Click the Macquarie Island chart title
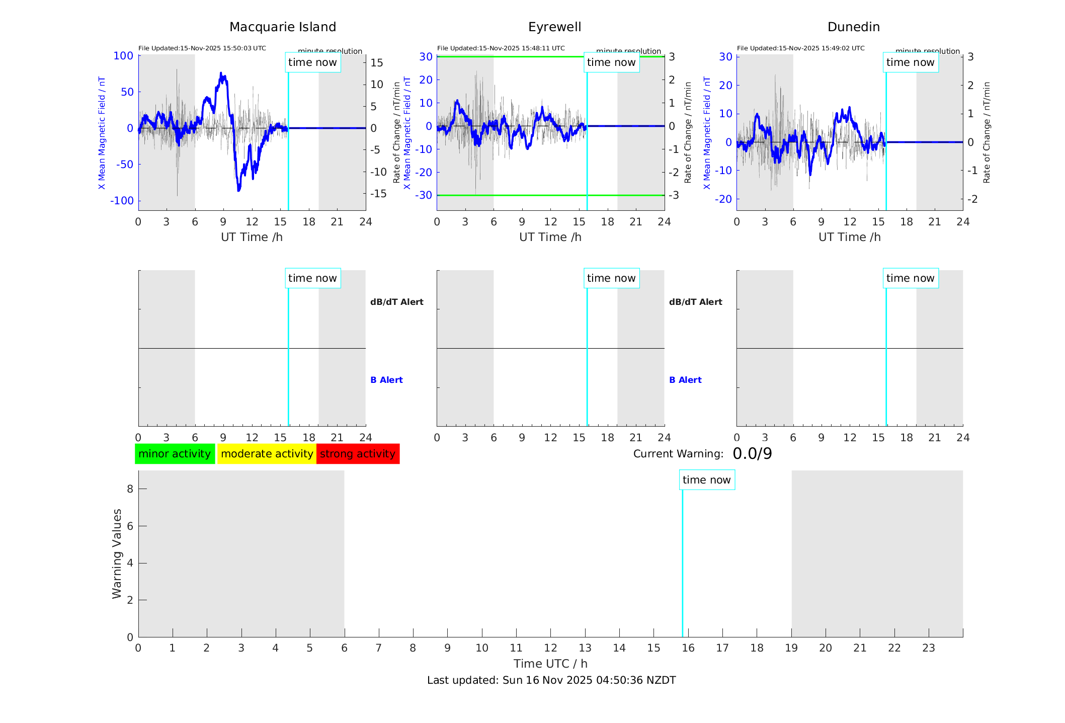click(x=282, y=27)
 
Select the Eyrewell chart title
click(x=554, y=27)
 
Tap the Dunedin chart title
click(x=853, y=27)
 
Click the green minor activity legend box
click(x=175, y=454)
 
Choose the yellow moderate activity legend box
click(x=267, y=454)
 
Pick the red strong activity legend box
click(x=358, y=454)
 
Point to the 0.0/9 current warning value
click(x=752, y=454)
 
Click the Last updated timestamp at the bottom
click(x=551, y=680)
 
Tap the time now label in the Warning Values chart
click(x=706, y=480)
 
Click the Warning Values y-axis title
click(x=117, y=553)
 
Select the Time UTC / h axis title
click(x=550, y=664)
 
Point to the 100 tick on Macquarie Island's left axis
click(x=123, y=56)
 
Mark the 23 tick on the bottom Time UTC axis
click(x=928, y=648)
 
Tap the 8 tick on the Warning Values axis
click(x=130, y=489)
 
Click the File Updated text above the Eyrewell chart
click(x=501, y=48)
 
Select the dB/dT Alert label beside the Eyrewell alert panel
click(x=695, y=302)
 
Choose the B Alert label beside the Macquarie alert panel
click(x=386, y=380)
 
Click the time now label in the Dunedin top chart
click(x=910, y=62)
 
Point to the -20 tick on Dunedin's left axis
click(x=725, y=199)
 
